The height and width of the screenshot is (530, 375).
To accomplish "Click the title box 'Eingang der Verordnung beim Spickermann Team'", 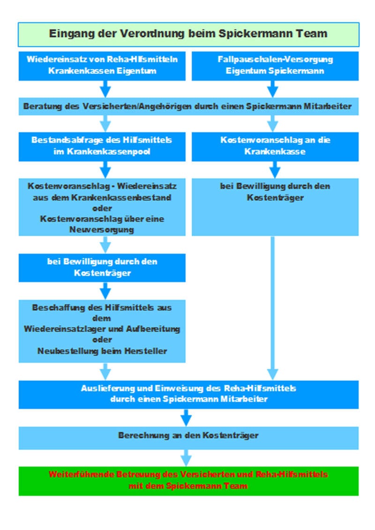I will pyautogui.click(x=188, y=34).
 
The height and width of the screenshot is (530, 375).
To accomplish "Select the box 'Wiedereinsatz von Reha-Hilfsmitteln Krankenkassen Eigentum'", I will pyautogui.click(x=102, y=65).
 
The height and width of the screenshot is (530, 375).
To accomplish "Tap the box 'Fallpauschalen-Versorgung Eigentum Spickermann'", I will pyautogui.click(x=275, y=65).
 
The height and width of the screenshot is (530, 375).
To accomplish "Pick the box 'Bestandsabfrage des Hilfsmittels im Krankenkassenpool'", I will pyautogui.click(x=102, y=146).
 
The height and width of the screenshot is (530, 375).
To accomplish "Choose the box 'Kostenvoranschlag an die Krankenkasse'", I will pyautogui.click(x=275, y=146).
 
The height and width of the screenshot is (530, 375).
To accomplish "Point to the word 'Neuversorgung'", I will pyautogui.click(x=102, y=230).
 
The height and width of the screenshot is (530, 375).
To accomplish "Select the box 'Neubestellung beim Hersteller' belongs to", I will pyautogui.click(x=102, y=331).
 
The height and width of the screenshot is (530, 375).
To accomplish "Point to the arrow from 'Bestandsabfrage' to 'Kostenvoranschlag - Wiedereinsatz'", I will pyautogui.click(x=106, y=168).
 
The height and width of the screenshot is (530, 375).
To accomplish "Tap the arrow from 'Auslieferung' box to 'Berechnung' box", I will pyautogui.click(x=187, y=417).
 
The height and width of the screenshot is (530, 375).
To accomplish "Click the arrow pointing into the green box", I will pyautogui.click(x=187, y=457).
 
